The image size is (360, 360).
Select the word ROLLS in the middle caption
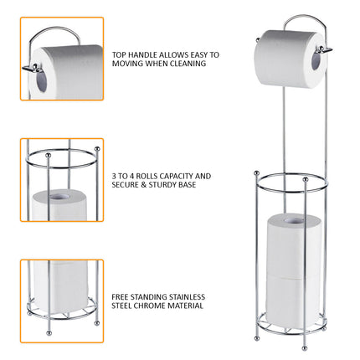coord(149,176)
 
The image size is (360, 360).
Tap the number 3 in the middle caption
coord(114,176)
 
